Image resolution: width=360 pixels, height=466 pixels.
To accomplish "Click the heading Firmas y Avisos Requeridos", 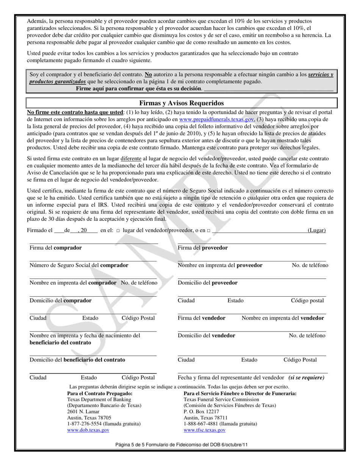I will click(x=182, y=103).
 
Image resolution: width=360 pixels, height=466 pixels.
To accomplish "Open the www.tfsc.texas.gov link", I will click(x=205, y=430).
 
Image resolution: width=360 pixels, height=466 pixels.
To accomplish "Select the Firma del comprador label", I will click(x=56, y=248).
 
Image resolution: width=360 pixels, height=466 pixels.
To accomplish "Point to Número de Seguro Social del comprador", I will click(x=79, y=265).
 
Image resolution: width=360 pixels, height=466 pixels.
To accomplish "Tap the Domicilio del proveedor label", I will click(x=208, y=283).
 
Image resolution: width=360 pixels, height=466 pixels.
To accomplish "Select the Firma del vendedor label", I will click(x=202, y=318).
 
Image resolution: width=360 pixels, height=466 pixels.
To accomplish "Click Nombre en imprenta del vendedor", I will click(x=283, y=318).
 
